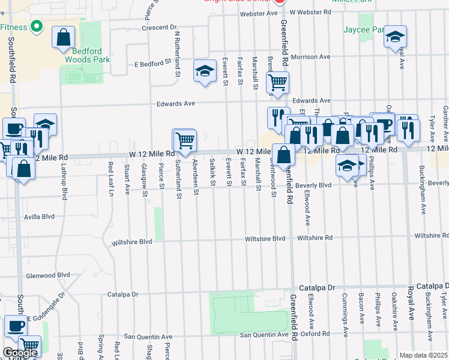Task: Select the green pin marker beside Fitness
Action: (x=36, y=27)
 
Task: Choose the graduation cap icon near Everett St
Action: (x=205, y=72)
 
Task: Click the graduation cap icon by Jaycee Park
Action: (x=395, y=37)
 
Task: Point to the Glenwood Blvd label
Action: (x=49, y=275)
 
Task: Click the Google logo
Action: (x=20, y=353)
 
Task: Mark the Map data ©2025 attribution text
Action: (x=423, y=355)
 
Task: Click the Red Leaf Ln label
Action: (x=110, y=179)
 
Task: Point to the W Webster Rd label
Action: (x=310, y=12)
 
